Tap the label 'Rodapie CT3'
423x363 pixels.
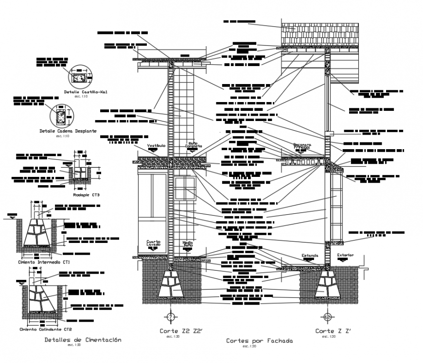[86, 195]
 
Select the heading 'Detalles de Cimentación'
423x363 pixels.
[82, 340]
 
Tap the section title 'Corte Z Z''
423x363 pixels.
[333, 331]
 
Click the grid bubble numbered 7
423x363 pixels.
[171, 317]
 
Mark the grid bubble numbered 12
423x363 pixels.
[327, 317]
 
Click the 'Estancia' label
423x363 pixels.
[309, 255]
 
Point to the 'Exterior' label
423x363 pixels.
[345, 255]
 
